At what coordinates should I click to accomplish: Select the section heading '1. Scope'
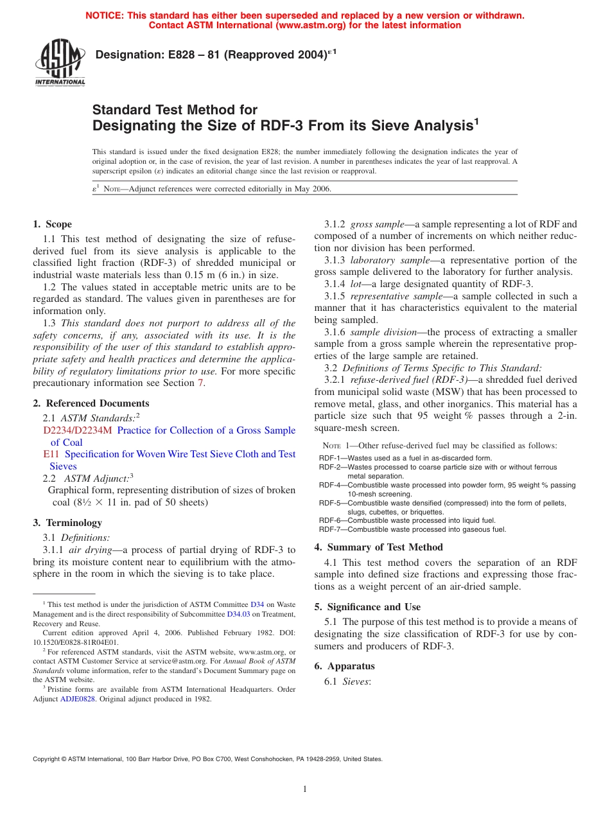(53, 224)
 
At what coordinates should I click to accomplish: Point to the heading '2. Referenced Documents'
(91, 403)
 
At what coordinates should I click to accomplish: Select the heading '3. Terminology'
(67, 523)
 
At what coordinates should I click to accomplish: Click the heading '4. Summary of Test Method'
(378, 547)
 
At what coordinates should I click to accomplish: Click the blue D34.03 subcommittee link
(238, 614)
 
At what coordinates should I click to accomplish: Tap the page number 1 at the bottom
(305, 789)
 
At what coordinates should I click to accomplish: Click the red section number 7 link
(200, 383)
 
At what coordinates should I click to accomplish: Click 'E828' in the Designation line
(166, 55)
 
